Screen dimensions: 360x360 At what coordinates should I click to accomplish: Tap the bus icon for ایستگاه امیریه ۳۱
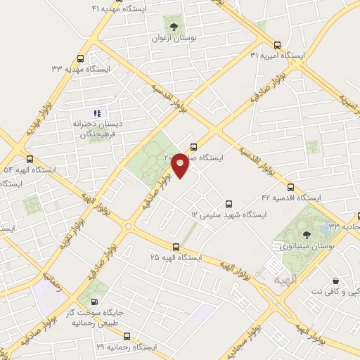pos(277,42)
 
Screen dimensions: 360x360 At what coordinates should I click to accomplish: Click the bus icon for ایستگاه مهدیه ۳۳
pos(80,59)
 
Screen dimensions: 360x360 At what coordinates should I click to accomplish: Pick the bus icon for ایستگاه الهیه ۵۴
pos(30,159)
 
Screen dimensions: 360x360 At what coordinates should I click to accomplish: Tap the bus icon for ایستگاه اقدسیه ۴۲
pos(290,188)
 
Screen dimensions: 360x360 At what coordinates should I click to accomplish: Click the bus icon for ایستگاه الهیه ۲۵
pos(176,246)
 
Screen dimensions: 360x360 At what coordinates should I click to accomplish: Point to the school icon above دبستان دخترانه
pos(98,112)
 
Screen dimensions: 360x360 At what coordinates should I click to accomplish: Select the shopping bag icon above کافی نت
pos(335,281)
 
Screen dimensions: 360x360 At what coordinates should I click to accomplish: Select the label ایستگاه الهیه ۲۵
pos(175,257)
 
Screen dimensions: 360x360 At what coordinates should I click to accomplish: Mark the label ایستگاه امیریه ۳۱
pos(278,54)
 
